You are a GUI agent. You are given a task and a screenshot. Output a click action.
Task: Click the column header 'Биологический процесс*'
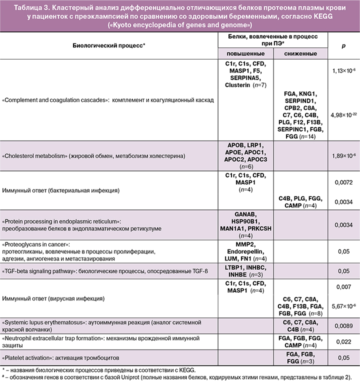(108, 45)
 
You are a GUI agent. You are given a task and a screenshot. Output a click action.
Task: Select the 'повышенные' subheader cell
(241, 53)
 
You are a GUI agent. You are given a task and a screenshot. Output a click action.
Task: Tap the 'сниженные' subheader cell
(299, 53)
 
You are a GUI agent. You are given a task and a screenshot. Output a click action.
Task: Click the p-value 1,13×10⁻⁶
(343, 71)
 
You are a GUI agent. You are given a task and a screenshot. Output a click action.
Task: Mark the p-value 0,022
(343, 342)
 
